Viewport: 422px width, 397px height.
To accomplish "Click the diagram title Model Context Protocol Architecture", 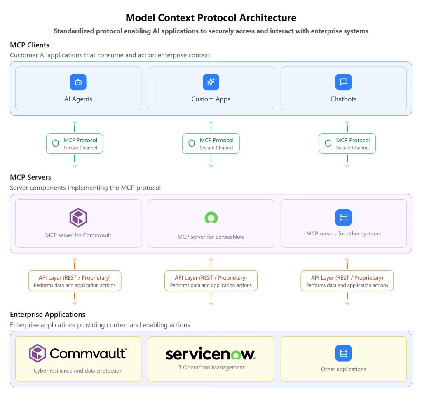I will pos(211,18).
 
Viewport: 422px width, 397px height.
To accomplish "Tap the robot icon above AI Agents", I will pos(78,82).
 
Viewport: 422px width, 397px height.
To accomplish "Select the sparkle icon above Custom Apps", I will pos(211,82).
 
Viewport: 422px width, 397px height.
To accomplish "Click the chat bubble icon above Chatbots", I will pos(343,82).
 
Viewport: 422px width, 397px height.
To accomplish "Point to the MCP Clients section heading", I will pos(30,45).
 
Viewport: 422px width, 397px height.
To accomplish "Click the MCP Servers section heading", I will pos(30,177).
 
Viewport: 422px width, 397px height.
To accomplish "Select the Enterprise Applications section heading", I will pos(47,314).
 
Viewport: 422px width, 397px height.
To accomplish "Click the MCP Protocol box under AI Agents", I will pos(75,143).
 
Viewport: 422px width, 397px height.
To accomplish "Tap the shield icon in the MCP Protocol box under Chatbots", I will pos(328,143).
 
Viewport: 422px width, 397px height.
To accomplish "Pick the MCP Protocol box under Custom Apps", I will pos(211,143).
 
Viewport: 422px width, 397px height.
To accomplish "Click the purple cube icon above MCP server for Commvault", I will pos(78,218).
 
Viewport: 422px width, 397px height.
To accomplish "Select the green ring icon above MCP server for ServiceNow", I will pos(211,218).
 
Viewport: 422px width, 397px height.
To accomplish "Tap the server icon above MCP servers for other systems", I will pos(343,218).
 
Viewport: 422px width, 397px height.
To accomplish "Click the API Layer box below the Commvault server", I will pos(75,281).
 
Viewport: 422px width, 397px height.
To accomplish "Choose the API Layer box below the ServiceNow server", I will pos(211,281).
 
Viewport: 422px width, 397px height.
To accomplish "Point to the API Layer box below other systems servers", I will pos(347,281).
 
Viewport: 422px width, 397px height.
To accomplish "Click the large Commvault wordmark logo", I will pos(78,353).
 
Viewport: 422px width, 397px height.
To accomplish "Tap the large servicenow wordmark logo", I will pos(211,354).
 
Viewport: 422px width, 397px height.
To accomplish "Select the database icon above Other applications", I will pos(343,353).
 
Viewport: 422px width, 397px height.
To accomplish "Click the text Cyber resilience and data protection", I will pos(78,371).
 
